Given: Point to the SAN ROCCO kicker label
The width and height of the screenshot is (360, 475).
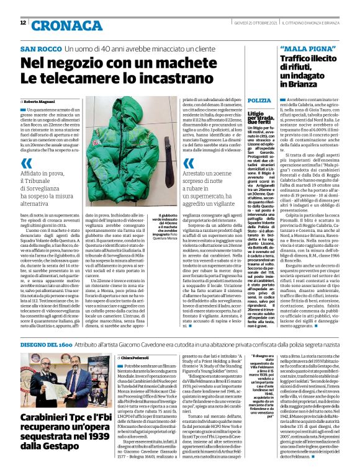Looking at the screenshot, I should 40,48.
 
